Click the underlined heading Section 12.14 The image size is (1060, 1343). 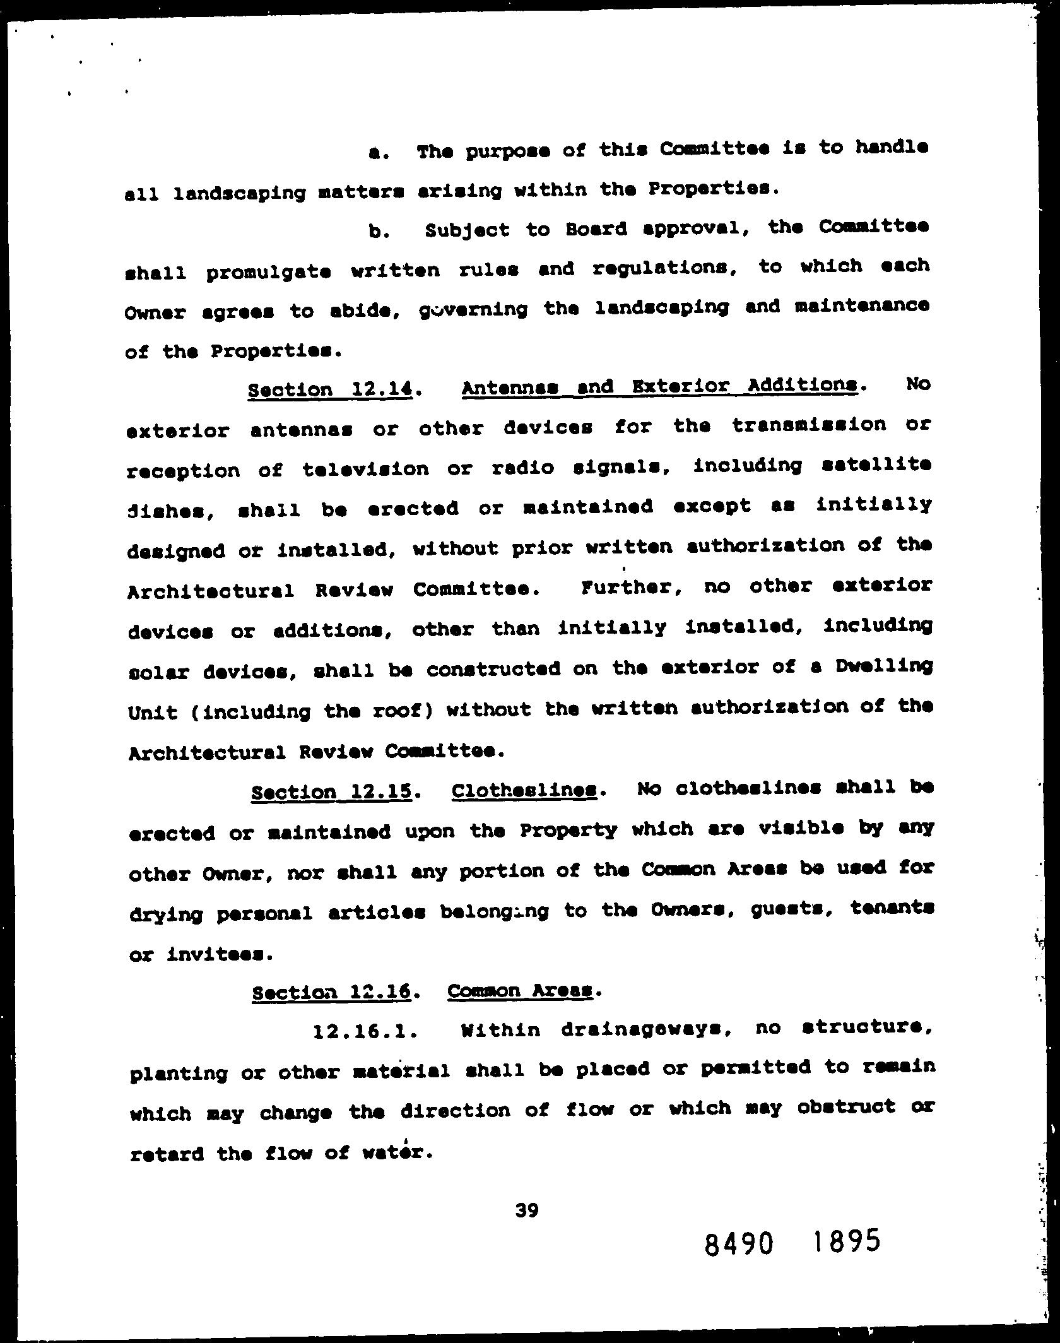click(x=331, y=389)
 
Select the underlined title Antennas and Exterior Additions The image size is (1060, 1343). click(x=659, y=386)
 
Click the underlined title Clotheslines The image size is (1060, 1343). click(x=524, y=790)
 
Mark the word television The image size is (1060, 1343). click(x=365, y=469)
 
